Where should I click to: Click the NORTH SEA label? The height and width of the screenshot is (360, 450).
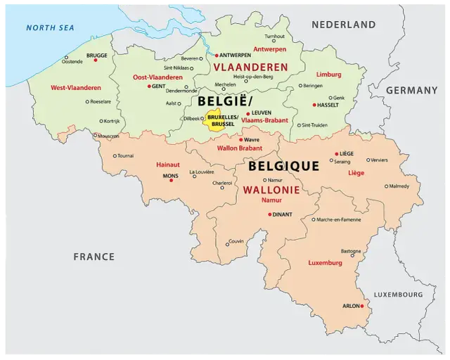pos(49,28)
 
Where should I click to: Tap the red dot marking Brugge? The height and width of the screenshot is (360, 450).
pos(95,60)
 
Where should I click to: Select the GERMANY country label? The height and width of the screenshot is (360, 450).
pos(411,91)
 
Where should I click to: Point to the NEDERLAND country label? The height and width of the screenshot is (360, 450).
pos(344,25)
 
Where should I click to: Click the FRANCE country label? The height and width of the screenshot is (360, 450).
pos(94,257)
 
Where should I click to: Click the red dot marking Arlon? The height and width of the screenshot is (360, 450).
pos(362,306)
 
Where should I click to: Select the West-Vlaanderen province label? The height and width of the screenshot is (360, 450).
pos(76,88)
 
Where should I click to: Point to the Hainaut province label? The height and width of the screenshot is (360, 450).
pos(167,165)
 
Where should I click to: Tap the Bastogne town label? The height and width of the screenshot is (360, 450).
pos(351,251)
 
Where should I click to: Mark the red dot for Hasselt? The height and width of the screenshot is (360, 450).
pos(314,105)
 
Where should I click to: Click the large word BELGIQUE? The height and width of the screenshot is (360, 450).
pos(283,167)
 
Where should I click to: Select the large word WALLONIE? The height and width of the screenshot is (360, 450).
pos(271,191)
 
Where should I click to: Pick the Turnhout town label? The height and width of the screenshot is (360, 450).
pos(274,37)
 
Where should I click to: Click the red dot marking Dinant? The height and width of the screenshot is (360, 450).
pos(270,214)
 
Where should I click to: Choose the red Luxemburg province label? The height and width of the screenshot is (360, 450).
pos(325,263)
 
